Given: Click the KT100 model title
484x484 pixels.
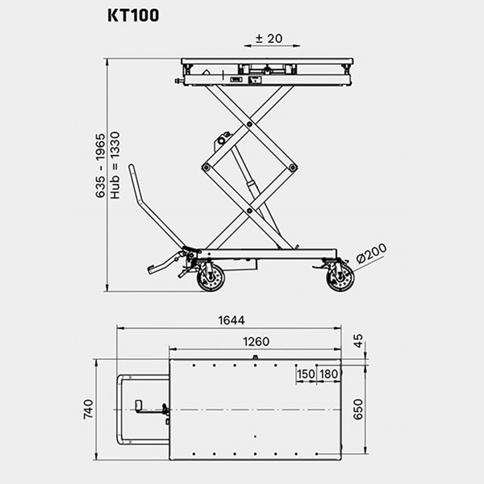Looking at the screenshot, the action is [x=133, y=15].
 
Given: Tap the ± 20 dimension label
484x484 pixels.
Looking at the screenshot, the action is [x=269, y=39].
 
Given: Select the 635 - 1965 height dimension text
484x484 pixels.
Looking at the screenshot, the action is [x=100, y=165].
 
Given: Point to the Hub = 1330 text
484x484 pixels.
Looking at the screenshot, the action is [x=115, y=165].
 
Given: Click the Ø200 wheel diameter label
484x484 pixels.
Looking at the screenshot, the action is [x=371, y=253].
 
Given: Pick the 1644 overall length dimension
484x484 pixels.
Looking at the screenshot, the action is [x=232, y=321].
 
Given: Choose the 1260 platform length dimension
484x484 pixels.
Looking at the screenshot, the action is [x=256, y=342].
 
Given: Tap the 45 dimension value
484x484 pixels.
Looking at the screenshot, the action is [x=358, y=341].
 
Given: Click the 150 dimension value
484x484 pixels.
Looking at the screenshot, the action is [x=306, y=374].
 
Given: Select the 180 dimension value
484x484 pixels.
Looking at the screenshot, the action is [x=329, y=374].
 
